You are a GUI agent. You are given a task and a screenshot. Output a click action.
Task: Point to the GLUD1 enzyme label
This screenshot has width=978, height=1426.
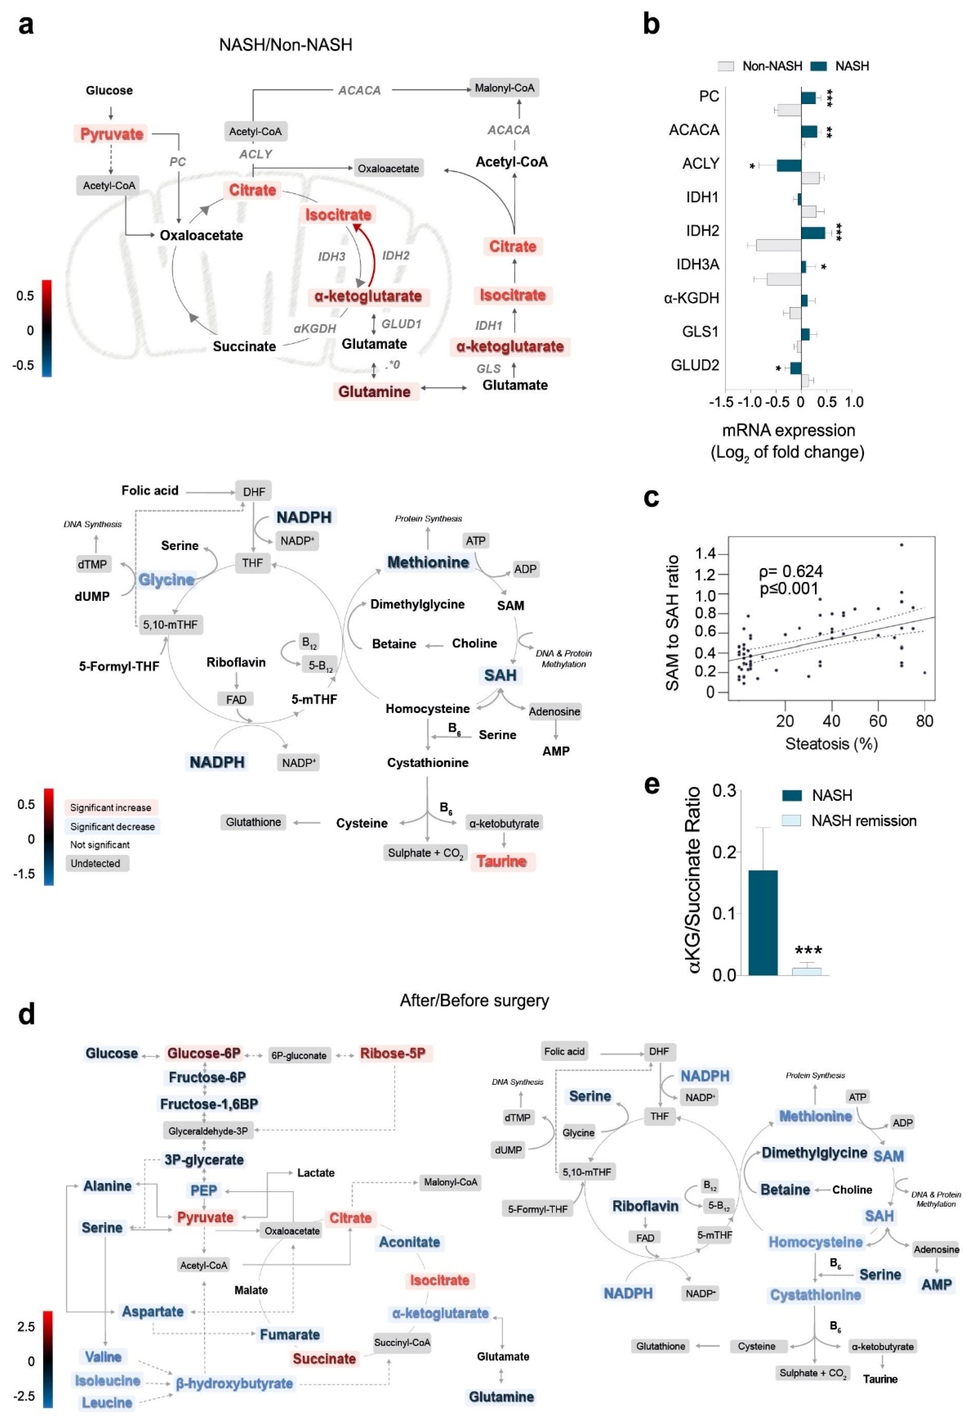(401, 324)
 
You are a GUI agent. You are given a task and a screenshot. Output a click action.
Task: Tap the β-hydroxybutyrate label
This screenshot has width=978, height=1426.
(234, 1384)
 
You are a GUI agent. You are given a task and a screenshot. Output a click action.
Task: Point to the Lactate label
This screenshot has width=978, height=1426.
(316, 1173)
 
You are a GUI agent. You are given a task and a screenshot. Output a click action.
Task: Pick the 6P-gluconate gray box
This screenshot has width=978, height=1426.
(299, 1055)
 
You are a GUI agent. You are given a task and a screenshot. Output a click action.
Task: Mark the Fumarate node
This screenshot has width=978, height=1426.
(290, 1335)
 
